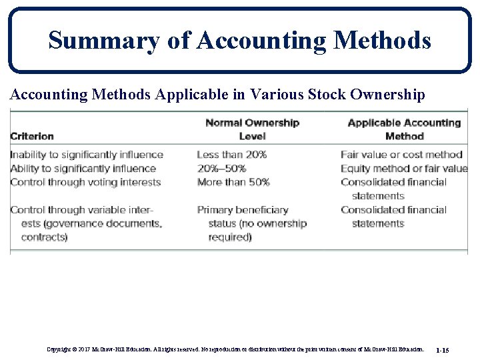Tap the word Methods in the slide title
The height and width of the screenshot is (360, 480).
[x=383, y=41]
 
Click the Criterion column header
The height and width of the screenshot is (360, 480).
[x=32, y=136]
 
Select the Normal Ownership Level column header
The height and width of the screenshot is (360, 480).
[x=252, y=129]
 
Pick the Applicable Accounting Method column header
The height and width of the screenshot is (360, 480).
[x=404, y=129]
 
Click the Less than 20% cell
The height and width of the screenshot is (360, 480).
[x=232, y=155]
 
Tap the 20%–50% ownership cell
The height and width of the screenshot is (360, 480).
[x=223, y=169]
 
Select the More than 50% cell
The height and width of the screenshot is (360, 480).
[x=233, y=182]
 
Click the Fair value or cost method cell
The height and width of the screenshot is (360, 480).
[x=401, y=155]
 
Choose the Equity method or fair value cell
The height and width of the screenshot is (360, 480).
[x=404, y=169]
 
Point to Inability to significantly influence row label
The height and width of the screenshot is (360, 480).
[x=87, y=155]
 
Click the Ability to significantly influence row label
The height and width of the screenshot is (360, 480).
[x=83, y=169]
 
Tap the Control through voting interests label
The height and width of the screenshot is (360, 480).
[x=85, y=182]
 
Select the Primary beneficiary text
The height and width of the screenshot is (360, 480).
[x=243, y=210]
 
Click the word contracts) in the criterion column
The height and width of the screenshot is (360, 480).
[x=44, y=237]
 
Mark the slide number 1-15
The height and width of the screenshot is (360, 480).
[x=442, y=349]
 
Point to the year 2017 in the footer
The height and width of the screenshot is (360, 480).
[x=84, y=349]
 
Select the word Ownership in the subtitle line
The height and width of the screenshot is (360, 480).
[x=388, y=95]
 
